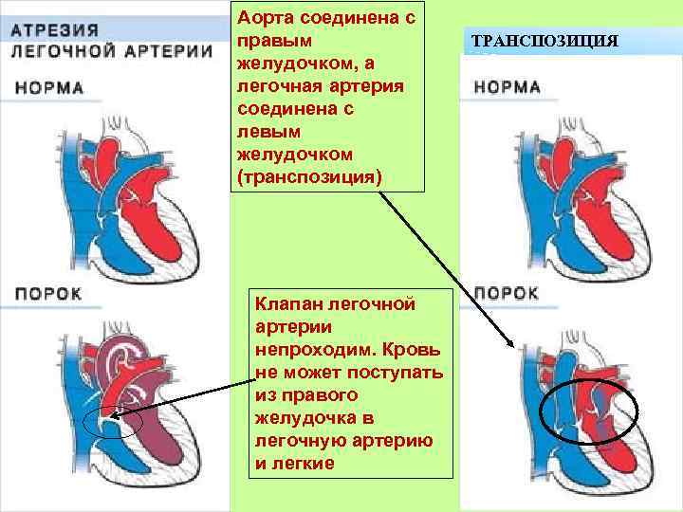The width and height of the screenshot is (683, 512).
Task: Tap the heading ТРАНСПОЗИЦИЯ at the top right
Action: pyautogui.click(x=544, y=43)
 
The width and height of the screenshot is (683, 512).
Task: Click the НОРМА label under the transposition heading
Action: pyautogui.click(x=508, y=87)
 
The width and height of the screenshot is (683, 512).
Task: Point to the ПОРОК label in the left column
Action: pyautogui.click(x=48, y=293)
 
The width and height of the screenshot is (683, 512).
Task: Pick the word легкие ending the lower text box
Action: pyautogui.click(x=301, y=463)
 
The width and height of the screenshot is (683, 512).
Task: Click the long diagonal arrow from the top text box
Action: pyautogui.click(x=446, y=266)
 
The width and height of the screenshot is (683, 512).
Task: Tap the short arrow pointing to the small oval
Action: pyautogui.click(x=180, y=398)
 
